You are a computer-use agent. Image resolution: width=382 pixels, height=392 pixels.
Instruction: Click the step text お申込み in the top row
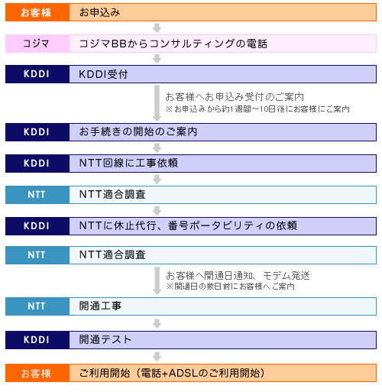pos(99,12)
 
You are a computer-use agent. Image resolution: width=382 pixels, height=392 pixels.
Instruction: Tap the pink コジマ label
pos(36,44)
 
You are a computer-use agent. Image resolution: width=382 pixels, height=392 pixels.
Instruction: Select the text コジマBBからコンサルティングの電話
pos(173,44)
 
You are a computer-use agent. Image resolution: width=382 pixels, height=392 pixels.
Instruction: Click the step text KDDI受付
pos(103,74)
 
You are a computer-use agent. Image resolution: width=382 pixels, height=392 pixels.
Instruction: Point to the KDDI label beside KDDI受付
pos(37,74)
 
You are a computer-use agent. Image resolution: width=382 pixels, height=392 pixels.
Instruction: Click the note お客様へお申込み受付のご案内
pos(235,97)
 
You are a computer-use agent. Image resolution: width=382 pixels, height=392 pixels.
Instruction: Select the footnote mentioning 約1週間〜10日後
pos(257,109)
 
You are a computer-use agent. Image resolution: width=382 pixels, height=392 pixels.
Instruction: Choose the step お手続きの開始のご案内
pos(138,132)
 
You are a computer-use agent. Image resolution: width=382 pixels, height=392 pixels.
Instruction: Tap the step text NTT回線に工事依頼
pos(128,163)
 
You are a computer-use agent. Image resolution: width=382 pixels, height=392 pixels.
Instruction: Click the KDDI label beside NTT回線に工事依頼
pos(37,164)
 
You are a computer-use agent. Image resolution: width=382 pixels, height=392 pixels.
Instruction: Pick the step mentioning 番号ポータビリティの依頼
pos(188,225)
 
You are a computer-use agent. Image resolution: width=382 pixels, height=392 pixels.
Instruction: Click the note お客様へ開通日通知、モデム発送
pos(238,276)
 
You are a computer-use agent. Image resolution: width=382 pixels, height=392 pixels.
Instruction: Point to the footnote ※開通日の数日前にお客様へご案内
pos(230,287)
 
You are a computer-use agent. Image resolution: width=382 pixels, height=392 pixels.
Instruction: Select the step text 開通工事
pos(100,306)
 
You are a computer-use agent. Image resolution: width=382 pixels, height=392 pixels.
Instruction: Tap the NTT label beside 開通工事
pos(37,306)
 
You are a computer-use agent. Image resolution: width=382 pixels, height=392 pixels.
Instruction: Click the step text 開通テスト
pos(105,340)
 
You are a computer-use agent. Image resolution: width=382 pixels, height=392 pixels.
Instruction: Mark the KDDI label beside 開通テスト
pos(37,340)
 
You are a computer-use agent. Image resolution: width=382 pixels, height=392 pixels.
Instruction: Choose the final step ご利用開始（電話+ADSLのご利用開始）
pos(172,373)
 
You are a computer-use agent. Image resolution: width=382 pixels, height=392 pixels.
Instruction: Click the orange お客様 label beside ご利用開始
pos(36,374)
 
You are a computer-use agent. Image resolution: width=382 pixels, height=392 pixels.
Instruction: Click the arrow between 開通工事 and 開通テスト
pos(157,323)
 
